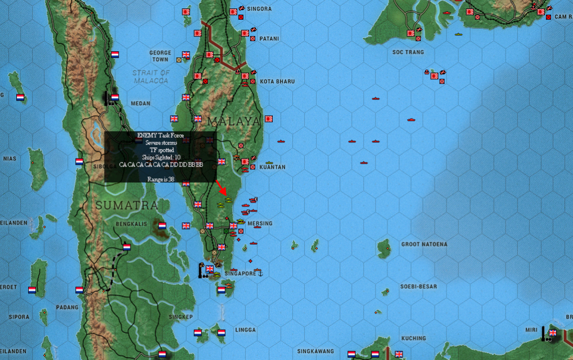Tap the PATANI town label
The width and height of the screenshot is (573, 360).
click(x=269, y=39)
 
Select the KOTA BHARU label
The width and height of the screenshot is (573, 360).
click(x=277, y=82)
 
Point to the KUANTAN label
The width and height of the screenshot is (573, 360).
click(x=273, y=167)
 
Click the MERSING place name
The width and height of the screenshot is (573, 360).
click(x=260, y=223)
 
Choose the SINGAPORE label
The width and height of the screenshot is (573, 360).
click(x=240, y=273)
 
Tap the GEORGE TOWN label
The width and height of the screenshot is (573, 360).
click(x=160, y=56)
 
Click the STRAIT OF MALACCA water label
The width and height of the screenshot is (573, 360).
click(x=151, y=76)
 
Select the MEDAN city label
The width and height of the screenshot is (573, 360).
click(x=140, y=103)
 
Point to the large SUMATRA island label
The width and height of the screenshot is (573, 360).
click(x=127, y=205)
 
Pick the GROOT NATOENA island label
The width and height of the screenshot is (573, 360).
click(x=424, y=244)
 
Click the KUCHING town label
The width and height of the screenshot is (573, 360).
click(x=414, y=338)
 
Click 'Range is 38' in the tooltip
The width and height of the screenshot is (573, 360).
click(x=160, y=179)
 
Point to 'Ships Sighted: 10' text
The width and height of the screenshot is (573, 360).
click(x=161, y=157)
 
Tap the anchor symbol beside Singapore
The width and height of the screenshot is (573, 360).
click(x=260, y=273)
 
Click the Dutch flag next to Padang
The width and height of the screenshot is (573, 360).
click(x=79, y=290)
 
